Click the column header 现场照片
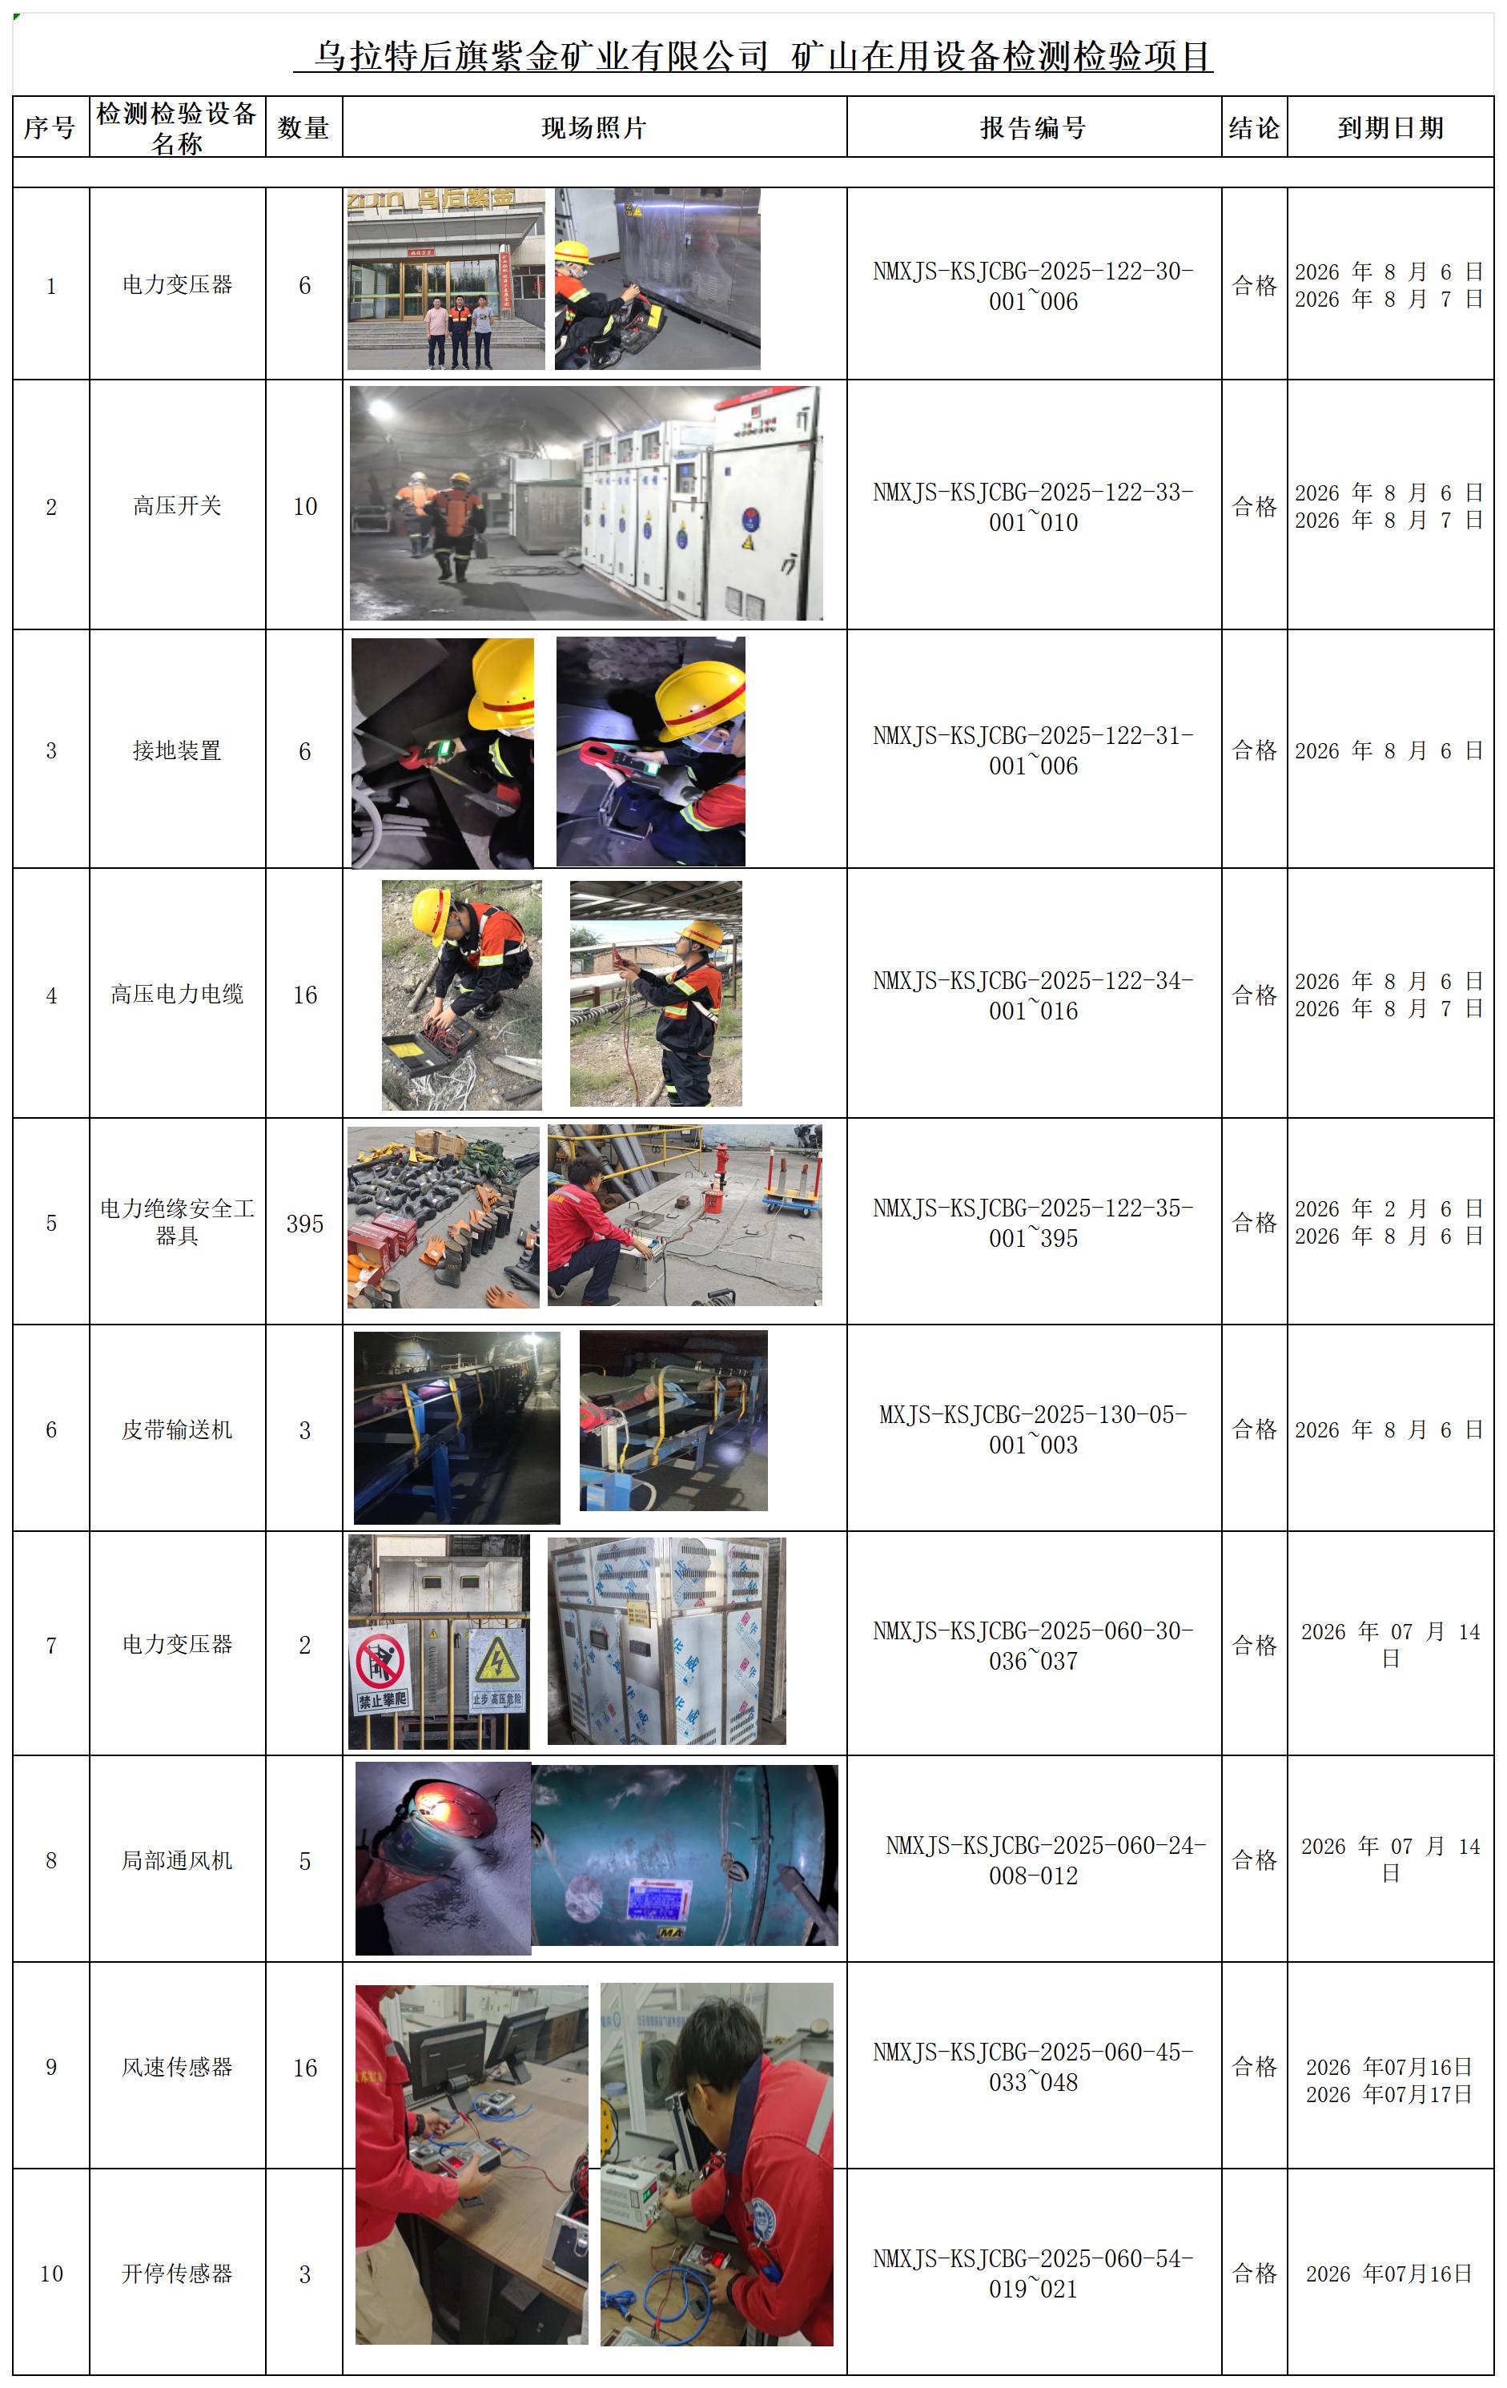pos(594,128)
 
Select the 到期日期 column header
pos(1390,128)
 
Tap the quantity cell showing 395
pos(304,1224)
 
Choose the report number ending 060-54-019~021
pos(1033,2273)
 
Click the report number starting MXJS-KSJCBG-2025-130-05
pos(1033,1429)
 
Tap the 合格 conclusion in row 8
pos(1254,1860)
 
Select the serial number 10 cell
pos(51,2274)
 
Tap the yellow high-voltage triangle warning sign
pos(496,1660)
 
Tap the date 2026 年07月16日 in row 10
pos(1389,2274)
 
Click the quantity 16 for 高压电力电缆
pos(304,995)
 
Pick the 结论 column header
pos(1254,128)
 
